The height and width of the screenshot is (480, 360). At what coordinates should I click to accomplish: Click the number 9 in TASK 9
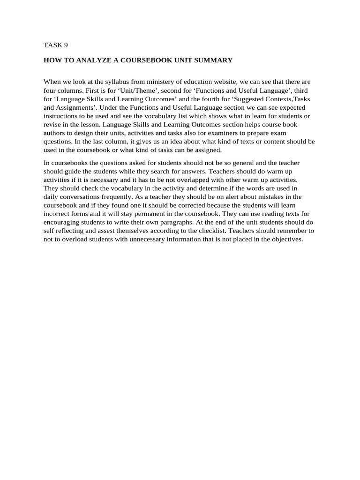pos(66,45)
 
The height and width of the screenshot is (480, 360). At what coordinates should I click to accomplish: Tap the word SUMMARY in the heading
pos(215,60)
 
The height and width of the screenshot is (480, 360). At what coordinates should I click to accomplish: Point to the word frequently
pos(148,197)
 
